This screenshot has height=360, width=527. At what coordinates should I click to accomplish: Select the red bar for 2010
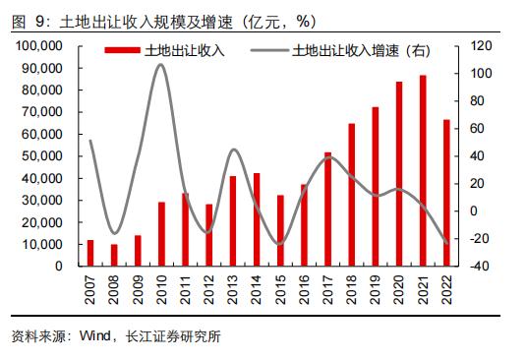coord(161,234)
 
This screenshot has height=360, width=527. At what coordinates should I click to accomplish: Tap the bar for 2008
coord(114,255)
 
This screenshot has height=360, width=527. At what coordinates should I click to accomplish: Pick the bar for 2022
coord(446,193)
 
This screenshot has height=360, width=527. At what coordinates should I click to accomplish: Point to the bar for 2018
coord(352,194)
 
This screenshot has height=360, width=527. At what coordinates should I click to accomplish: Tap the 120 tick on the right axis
coord(478,46)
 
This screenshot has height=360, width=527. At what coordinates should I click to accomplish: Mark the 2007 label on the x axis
coord(90,290)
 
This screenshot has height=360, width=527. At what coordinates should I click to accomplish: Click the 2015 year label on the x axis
coord(280,290)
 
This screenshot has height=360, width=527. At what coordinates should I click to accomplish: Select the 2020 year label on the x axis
coord(399,290)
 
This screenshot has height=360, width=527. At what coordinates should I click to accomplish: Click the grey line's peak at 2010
coord(161,64)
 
